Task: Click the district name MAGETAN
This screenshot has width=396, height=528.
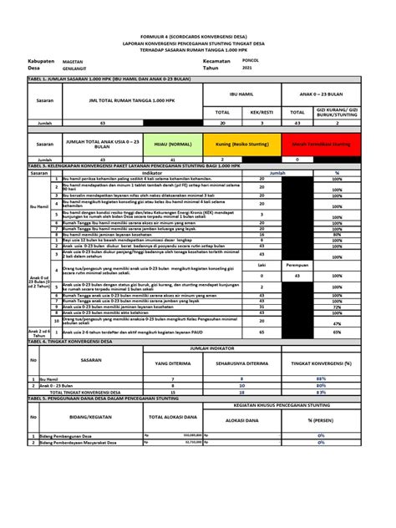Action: pyautogui.click(x=86, y=62)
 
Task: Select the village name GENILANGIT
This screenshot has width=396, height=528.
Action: pyautogui.click(x=89, y=70)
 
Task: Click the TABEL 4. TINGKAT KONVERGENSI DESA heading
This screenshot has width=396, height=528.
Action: pyautogui.click(x=75, y=342)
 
